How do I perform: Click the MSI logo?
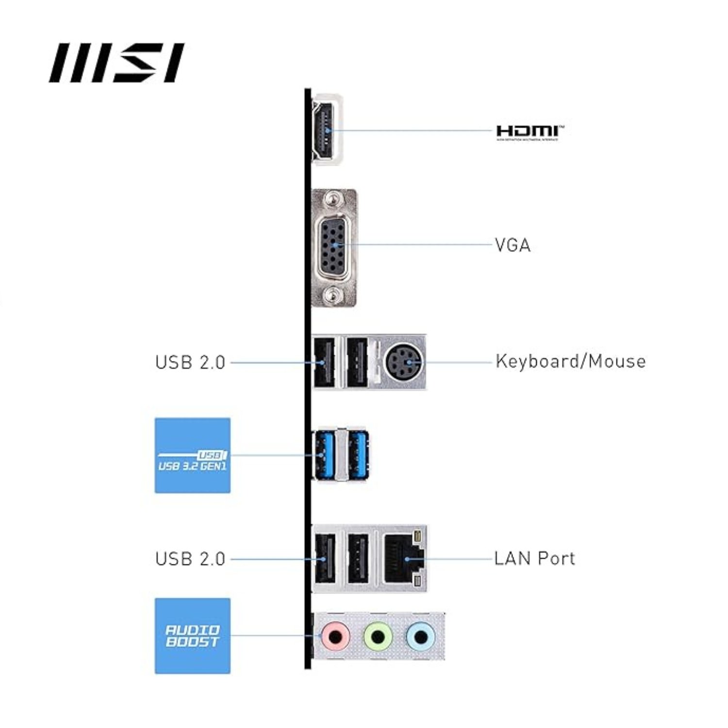click(x=116, y=63)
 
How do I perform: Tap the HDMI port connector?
click(x=326, y=130)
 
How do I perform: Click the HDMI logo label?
click(x=530, y=132)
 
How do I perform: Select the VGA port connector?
click(x=334, y=245)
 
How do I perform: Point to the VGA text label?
click(x=513, y=245)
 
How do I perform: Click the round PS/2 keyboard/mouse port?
click(x=404, y=362)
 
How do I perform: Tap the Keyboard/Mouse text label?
click(x=570, y=362)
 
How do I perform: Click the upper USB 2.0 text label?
click(x=190, y=363)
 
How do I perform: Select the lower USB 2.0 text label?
click(x=190, y=559)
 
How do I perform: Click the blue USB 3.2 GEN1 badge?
click(x=192, y=455)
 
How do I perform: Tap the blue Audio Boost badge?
click(x=192, y=636)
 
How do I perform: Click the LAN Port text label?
click(x=534, y=559)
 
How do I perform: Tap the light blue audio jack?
click(x=420, y=635)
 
